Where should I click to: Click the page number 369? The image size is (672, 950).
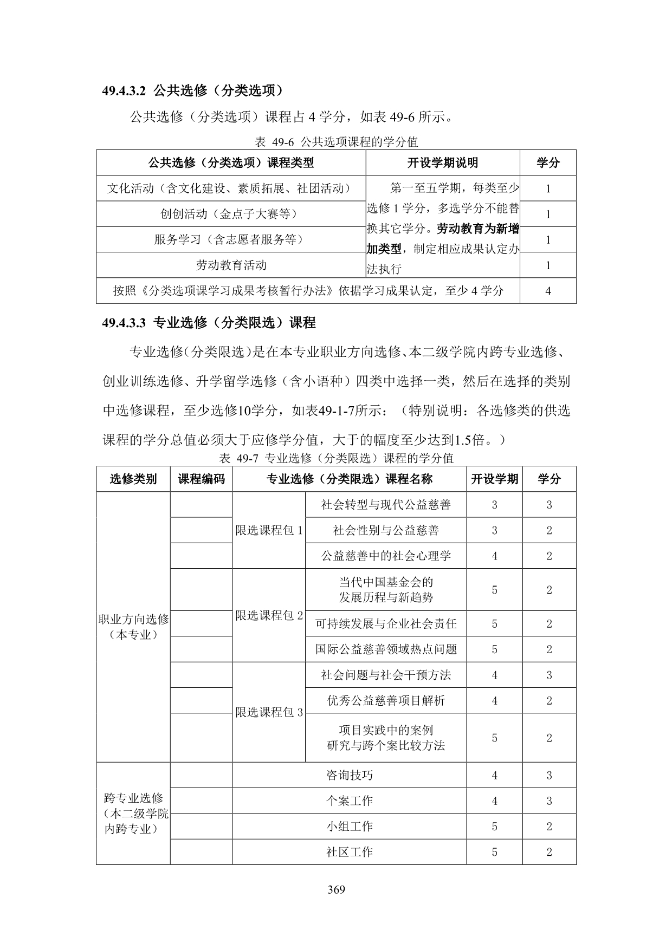(336, 889)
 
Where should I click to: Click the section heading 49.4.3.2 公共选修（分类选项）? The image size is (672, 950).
(192, 90)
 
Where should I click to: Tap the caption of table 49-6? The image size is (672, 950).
(336, 142)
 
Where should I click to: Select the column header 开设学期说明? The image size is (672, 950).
(442, 162)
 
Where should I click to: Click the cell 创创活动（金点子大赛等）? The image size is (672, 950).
(231, 214)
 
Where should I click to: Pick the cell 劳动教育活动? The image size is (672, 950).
(231, 265)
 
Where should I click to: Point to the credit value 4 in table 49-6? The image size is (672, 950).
(548, 291)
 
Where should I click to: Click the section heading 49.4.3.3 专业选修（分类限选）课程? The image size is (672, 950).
(209, 323)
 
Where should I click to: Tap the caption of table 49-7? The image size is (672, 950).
(336, 458)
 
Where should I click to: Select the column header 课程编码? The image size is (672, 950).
(201, 479)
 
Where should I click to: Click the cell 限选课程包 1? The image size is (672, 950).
(269, 530)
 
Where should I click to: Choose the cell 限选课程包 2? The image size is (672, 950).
(269, 615)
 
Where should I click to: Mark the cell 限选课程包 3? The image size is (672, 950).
(269, 712)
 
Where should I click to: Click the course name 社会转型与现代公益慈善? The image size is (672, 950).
(385, 505)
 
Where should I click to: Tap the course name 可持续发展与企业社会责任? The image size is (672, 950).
(385, 623)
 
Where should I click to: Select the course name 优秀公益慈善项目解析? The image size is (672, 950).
(385, 700)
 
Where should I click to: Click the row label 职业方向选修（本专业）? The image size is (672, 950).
(133, 627)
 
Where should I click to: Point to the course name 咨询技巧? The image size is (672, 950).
(349, 775)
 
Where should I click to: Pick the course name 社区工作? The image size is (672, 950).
(349, 852)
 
